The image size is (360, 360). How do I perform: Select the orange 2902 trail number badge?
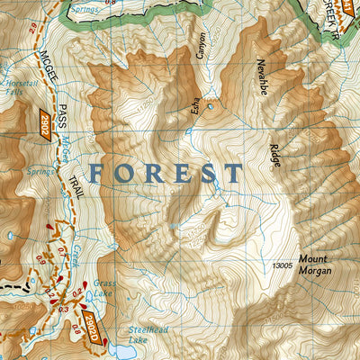pos(43,125)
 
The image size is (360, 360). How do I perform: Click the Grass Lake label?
pos(103,287)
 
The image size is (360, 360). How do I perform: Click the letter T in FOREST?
pos(234,173)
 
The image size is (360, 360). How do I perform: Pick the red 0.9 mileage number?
pos(42,259)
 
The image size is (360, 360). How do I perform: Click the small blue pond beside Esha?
pos(210,106)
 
